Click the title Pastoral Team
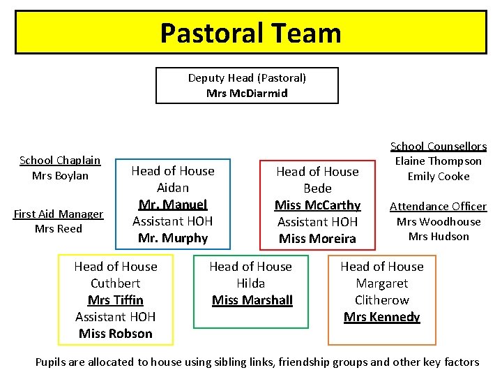tap(250, 33)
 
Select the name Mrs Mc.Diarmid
tap(247, 93)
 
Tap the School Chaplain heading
tap(60, 161)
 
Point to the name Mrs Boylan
tap(60, 175)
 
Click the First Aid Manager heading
tap(59, 214)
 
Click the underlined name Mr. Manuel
tap(173, 205)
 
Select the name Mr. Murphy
tap(173, 238)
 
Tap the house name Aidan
tap(173, 188)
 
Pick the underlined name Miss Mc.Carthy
tap(317, 205)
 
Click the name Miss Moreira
tap(317, 239)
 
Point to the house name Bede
tap(317, 188)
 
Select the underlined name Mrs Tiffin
tap(116, 300)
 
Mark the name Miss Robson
tap(116, 334)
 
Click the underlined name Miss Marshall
tap(252, 300)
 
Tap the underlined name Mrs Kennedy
tap(381, 317)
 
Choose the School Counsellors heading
tap(438, 146)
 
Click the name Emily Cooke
tap(438, 176)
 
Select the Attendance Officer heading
tap(438, 206)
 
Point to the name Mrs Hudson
tap(438, 236)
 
